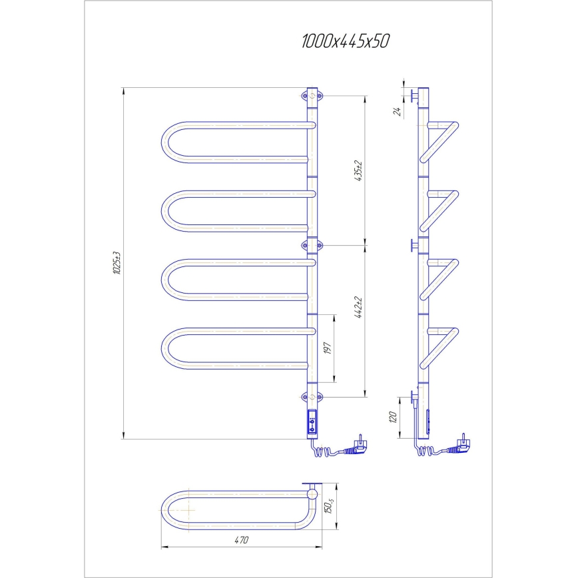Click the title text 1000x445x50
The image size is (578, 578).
coord(344,41)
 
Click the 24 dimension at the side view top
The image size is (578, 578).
coord(397,111)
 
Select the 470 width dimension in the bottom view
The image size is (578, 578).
coord(241,540)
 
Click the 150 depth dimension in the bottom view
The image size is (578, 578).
coord(328,507)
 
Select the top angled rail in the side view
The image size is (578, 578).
coord(439,141)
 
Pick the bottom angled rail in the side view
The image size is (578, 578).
coord(439,346)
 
